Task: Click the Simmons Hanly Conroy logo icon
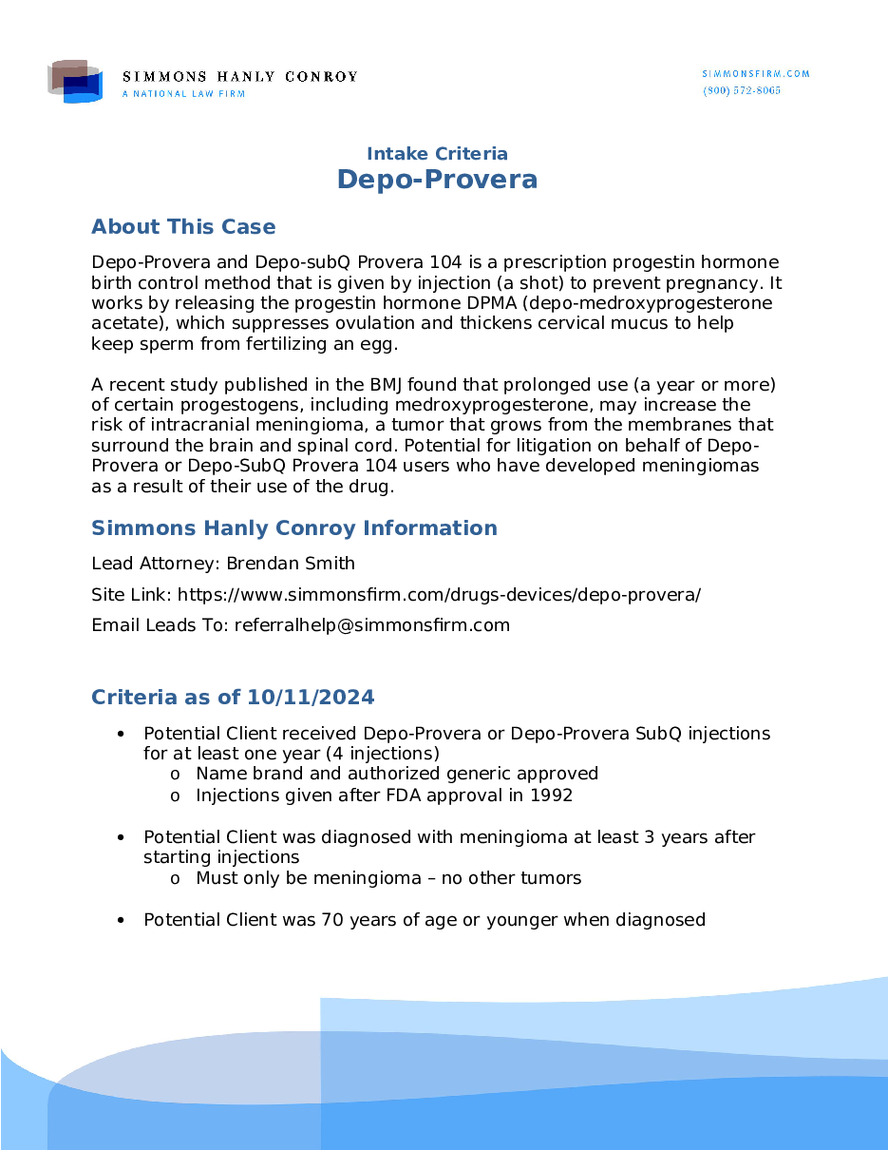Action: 75,83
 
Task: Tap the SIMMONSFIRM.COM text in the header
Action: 756,74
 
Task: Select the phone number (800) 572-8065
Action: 742,90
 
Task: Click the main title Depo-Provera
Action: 437,180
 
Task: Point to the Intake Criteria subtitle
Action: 437,154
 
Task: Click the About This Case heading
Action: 183,227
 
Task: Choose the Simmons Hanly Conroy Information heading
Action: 293,528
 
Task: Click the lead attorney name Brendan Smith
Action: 291,564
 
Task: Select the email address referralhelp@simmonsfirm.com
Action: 372,625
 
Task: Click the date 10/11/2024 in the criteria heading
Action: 311,698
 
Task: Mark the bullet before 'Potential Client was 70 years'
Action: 120,920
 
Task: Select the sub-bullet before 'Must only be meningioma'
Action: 175,879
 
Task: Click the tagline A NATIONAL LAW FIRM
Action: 183,94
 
